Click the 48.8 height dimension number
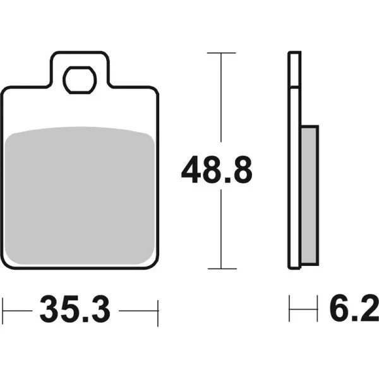click(x=217, y=169)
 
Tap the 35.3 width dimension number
click(x=75, y=309)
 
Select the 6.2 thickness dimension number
click(x=354, y=309)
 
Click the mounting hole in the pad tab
click(x=80, y=80)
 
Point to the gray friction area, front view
click(x=80, y=195)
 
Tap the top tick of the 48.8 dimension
click(x=221, y=52)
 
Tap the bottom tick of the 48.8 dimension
click(x=222, y=268)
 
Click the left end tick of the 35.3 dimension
click(x=3, y=311)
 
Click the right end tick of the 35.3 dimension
click(x=158, y=313)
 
